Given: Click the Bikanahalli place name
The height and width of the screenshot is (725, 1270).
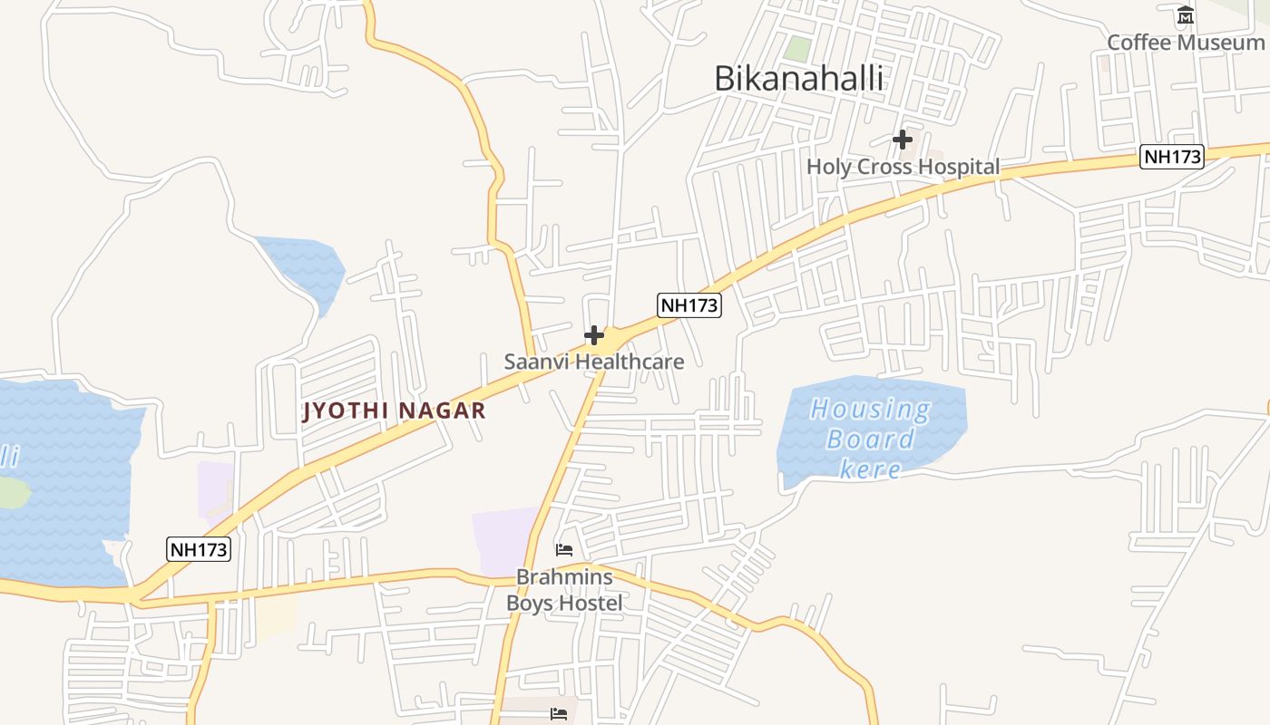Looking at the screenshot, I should coord(798,79).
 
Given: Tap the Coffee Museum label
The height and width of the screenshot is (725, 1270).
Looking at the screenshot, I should coord(1185,43).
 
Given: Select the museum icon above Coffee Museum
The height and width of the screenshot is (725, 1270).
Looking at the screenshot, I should coord(1186,15).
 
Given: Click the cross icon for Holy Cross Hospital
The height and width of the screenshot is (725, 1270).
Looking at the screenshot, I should coord(902,140).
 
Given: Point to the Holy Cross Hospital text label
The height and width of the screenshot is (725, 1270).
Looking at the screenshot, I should coord(903,167).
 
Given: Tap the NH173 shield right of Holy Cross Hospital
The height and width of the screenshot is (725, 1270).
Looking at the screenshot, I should coord(1172,157).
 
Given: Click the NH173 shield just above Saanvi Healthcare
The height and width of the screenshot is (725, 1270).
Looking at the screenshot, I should coord(689,305).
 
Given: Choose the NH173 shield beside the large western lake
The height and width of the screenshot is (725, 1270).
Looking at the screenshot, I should coord(199,549).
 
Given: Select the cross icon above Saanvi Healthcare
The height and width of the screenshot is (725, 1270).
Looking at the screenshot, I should coord(594,336).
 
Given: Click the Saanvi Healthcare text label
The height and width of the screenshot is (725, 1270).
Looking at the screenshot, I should coord(594,361).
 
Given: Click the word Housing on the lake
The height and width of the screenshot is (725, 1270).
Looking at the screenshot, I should coord(870,410).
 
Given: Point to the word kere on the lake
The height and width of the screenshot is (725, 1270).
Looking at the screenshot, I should coord(870,469).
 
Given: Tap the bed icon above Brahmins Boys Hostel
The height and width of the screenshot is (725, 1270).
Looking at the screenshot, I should coord(564,549).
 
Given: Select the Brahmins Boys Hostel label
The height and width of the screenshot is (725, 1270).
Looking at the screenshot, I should coord(564,590).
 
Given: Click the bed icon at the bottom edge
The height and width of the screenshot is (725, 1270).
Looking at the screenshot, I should coord(559,714).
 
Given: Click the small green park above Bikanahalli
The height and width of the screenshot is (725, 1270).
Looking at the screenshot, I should coord(797,49).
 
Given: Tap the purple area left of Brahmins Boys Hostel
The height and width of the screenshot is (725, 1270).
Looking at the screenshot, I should coord(503,539).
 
